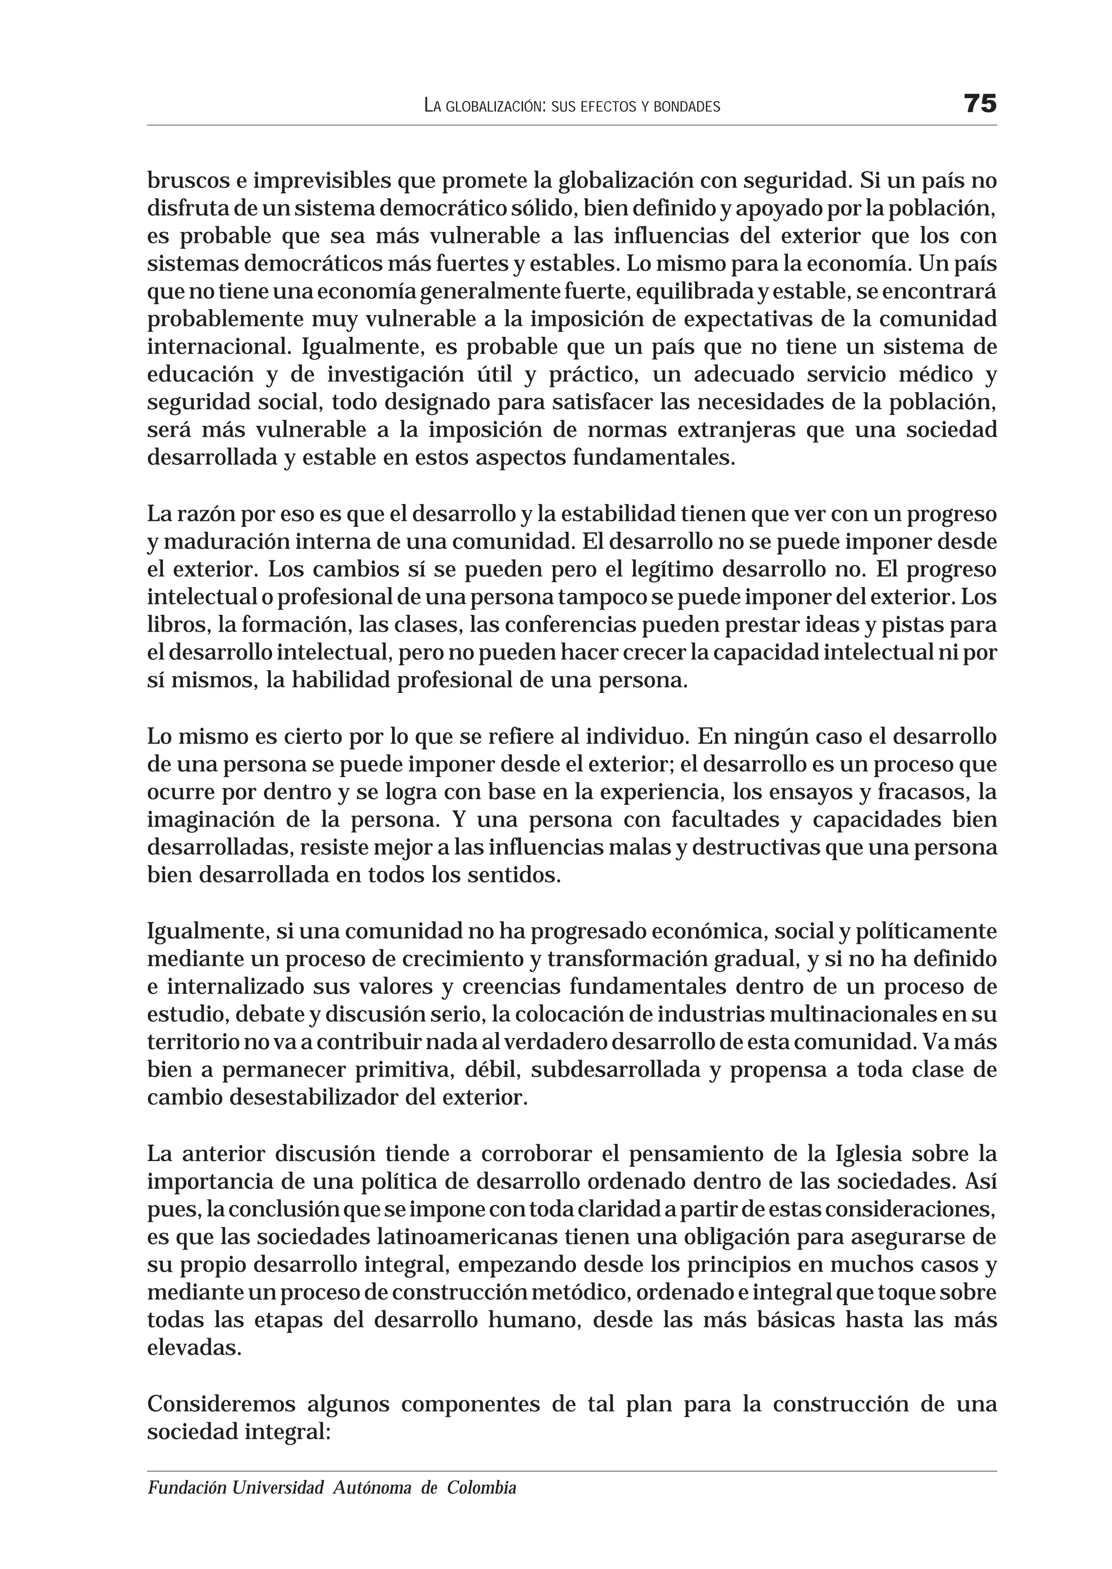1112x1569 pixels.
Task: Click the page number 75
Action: [x=980, y=104]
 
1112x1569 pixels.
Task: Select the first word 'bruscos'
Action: [x=188, y=181]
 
